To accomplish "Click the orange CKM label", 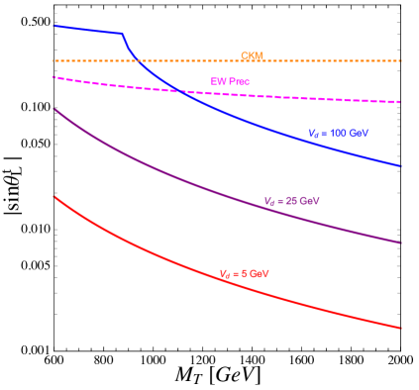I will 252,55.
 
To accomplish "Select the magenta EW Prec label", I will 229,81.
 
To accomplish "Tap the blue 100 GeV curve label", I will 338,133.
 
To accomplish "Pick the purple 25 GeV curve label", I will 291,201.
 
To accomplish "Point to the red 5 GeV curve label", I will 244,273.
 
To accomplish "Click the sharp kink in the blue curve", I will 123,34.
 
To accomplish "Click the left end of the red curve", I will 53,196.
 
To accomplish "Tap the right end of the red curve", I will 400,328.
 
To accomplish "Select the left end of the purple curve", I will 53,109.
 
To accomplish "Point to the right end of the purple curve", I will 400,243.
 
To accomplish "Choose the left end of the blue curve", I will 53,26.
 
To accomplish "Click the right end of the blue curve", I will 400,166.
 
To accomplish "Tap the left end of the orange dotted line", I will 53,61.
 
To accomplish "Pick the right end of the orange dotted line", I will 400,61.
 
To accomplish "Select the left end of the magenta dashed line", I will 53,76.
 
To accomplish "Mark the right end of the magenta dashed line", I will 400,102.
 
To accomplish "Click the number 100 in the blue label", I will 339,133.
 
